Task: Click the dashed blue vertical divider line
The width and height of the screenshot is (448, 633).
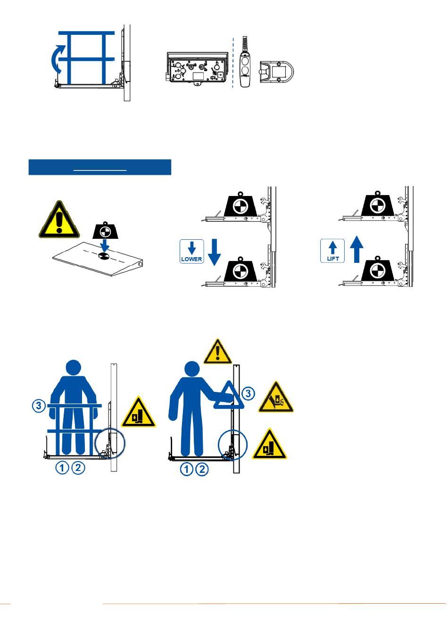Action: coord(233,63)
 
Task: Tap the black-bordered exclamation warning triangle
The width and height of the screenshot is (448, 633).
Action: coord(59,219)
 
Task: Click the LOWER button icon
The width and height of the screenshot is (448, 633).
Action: coord(191,252)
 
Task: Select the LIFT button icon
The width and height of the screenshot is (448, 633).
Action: coord(332,251)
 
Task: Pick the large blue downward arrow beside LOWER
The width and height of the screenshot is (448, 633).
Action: coord(214,252)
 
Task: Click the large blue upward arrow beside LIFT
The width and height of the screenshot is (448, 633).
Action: coord(357,249)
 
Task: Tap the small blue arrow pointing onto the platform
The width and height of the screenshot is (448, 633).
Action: coord(105,246)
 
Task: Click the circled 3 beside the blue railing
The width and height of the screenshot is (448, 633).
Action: coord(39,406)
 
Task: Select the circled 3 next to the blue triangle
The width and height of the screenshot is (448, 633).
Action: coord(248,393)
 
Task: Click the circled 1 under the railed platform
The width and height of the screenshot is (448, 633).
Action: coord(62,468)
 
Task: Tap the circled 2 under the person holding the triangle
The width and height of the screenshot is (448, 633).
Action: coord(202,470)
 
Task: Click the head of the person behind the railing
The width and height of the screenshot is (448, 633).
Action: coord(73,368)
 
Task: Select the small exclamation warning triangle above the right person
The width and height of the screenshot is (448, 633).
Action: coord(217,351)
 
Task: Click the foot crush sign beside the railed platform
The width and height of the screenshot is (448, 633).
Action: coord(138,412)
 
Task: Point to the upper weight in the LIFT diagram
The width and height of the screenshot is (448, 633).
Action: coord(377,204)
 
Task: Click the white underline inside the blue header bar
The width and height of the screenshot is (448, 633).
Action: coord(100,170)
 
